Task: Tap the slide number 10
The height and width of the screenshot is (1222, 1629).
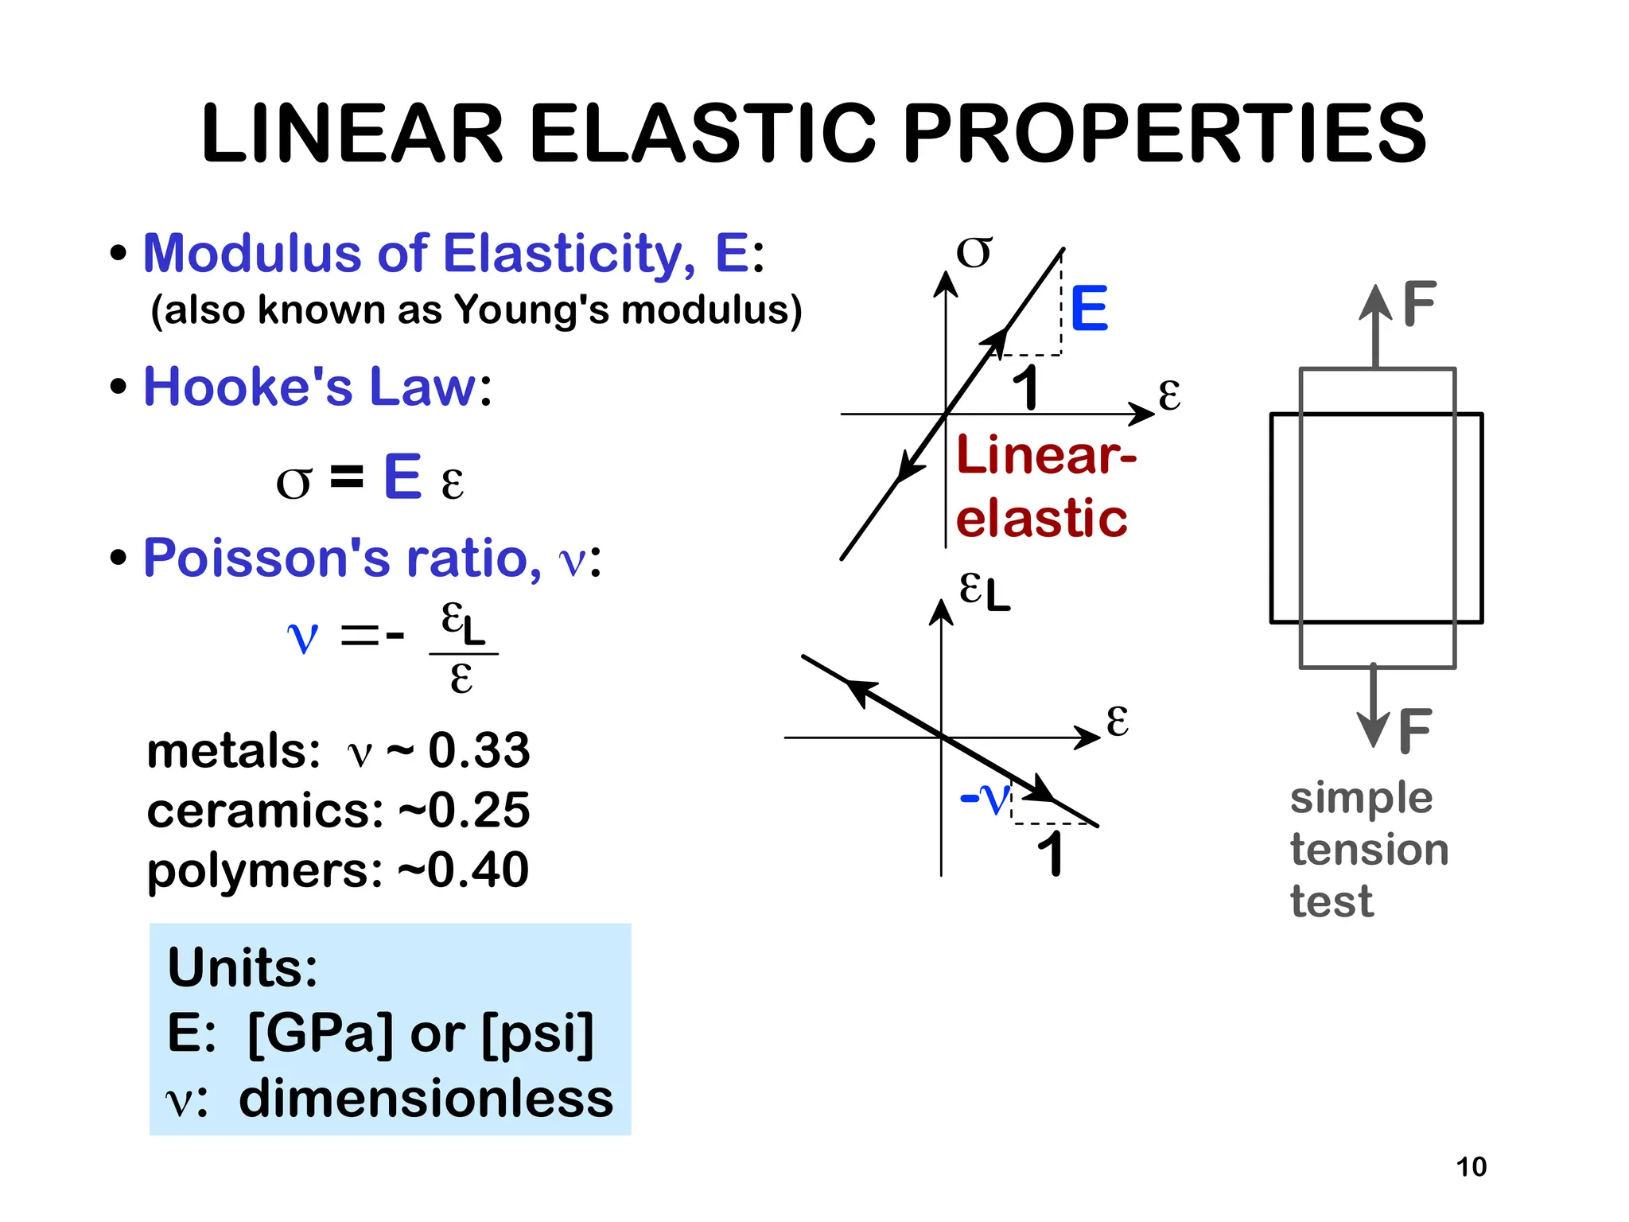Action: [x=1471, y=1166]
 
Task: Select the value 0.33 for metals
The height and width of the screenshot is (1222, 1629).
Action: [x=479, y=750]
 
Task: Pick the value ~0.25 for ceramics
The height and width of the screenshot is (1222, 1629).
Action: [x=465, y=810]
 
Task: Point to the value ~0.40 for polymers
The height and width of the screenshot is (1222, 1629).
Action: [x=463, y=870]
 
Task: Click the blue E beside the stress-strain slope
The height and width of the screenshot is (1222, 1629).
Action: [x=1089, y=309]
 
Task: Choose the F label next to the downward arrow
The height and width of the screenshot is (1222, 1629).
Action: [x=1415, y=731]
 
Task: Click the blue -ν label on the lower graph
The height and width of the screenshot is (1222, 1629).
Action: [x=986, y=798]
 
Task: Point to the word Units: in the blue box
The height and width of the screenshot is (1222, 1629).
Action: [x=243, y=967]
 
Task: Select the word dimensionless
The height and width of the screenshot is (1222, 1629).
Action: [x=426, y=1099]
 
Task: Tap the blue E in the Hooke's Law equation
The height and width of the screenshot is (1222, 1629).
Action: [x=402, y=477]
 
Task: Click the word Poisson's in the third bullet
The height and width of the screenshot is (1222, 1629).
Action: [x=266, y=558]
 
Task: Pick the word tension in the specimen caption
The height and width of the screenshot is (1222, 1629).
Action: [x=1369, y=850]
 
